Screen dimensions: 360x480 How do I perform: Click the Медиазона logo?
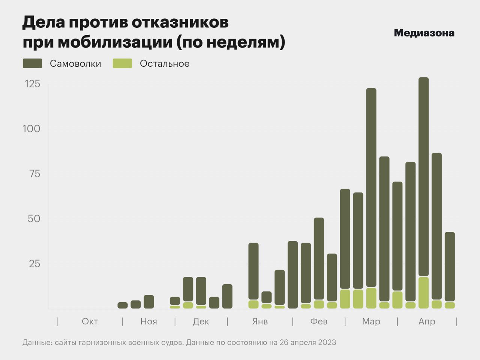(x=424, y=33)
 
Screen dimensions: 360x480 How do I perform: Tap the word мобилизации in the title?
(x=115, y=42)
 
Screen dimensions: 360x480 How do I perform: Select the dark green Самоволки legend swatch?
(x=32, y=63)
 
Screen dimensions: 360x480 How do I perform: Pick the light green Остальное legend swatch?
(x=122, y=63)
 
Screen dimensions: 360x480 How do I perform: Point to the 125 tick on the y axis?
(x=32, y=84)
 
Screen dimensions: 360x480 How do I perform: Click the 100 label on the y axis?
(x=31, y=129)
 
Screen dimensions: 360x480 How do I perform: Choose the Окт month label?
(x=90, y=321)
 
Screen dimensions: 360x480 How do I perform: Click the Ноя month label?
(x=148, y=321)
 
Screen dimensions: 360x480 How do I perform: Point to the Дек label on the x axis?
(x=201, y=321)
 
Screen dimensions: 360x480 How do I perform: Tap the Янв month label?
(x=260, y=321)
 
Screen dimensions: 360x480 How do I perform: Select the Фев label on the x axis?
(x=319, y=321)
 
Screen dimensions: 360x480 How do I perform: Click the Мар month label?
(x=371, y=321)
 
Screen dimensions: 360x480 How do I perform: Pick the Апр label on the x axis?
(x=427, y=321)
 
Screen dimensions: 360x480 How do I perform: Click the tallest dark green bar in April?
(x=423, y=176)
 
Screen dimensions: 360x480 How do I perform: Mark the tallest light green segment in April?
(x=423, y=293)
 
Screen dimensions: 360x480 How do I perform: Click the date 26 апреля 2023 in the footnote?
(x=307, y=342)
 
